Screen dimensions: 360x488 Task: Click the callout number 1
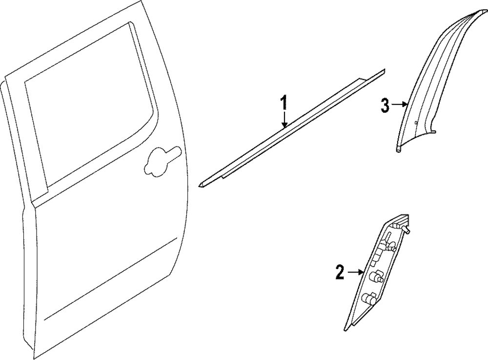284,104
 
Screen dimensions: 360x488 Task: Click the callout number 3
385,106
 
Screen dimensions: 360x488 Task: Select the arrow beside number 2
355,272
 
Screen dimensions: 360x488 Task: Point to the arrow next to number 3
401,104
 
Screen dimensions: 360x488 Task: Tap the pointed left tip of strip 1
201,184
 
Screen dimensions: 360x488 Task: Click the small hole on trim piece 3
415,122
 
